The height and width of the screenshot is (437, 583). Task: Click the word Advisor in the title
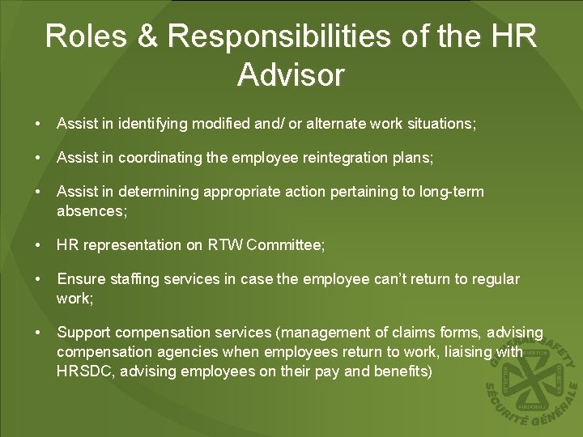[x=291, y=74]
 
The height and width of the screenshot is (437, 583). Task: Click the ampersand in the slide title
[x=154, y=36]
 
